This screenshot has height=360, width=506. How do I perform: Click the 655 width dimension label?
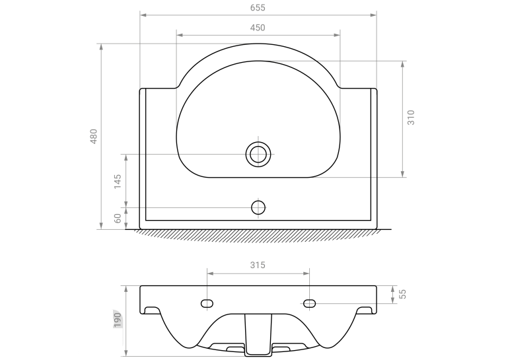pyautogui.click(x=258, y=8)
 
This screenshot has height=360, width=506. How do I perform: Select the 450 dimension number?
pyautogui.click(x=258, y=28)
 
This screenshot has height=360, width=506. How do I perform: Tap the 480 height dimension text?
pyautogui.click(x=94, y=136)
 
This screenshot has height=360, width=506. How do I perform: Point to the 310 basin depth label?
pyautogui.click(x=411, y=118)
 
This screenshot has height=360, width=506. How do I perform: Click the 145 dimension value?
pyautogui.click(x=118, y=181)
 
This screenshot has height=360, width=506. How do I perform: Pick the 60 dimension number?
pyautogui.click(x=118, y=218)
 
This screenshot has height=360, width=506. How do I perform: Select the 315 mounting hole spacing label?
pyautogui.click(x=258, y=265)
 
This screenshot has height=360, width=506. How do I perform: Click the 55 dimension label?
pyautogui.click(x=402, y=294)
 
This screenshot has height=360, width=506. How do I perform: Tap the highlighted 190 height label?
pyautogui.click(x=118, y=320)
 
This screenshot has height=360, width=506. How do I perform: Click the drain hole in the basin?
pyautogui.click(x=258, y=154)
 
